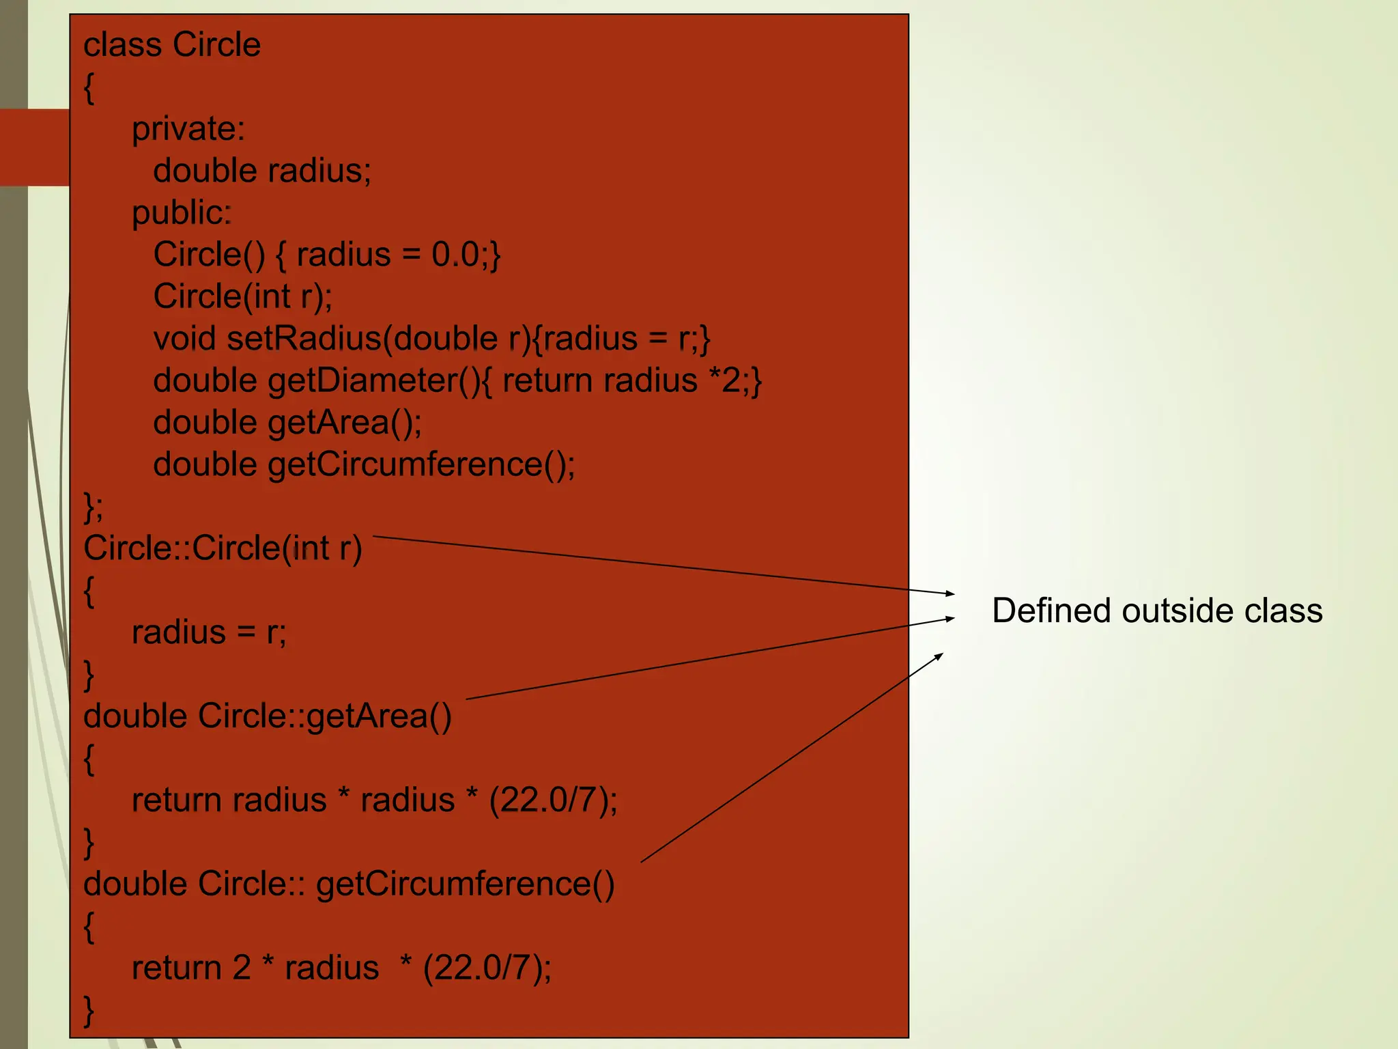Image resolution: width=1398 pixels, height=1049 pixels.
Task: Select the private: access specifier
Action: [x=188, y=129]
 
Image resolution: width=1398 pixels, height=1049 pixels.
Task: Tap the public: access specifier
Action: [x=182, y=213]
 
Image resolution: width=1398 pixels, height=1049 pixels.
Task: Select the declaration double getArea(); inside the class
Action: [x=287, y=423]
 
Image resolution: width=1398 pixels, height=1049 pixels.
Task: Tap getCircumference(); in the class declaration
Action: [x=421, y=465]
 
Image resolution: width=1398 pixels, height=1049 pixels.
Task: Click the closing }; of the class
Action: [x=93, y=507]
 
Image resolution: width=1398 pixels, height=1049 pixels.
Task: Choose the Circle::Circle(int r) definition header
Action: [x=223, y=548]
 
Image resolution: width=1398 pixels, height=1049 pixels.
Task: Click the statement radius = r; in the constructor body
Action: [x=209, y=632]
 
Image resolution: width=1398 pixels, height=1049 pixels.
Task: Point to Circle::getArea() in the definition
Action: [x=324, y=716]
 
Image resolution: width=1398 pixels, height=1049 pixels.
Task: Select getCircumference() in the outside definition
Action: [x=465, y=884]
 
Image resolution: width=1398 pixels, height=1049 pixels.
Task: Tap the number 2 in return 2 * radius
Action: [x=242, y=968]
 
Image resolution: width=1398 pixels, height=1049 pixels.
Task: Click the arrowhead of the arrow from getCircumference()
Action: [x=940, y=656]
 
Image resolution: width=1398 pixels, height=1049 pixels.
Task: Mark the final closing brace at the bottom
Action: [x=89, y=1010]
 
